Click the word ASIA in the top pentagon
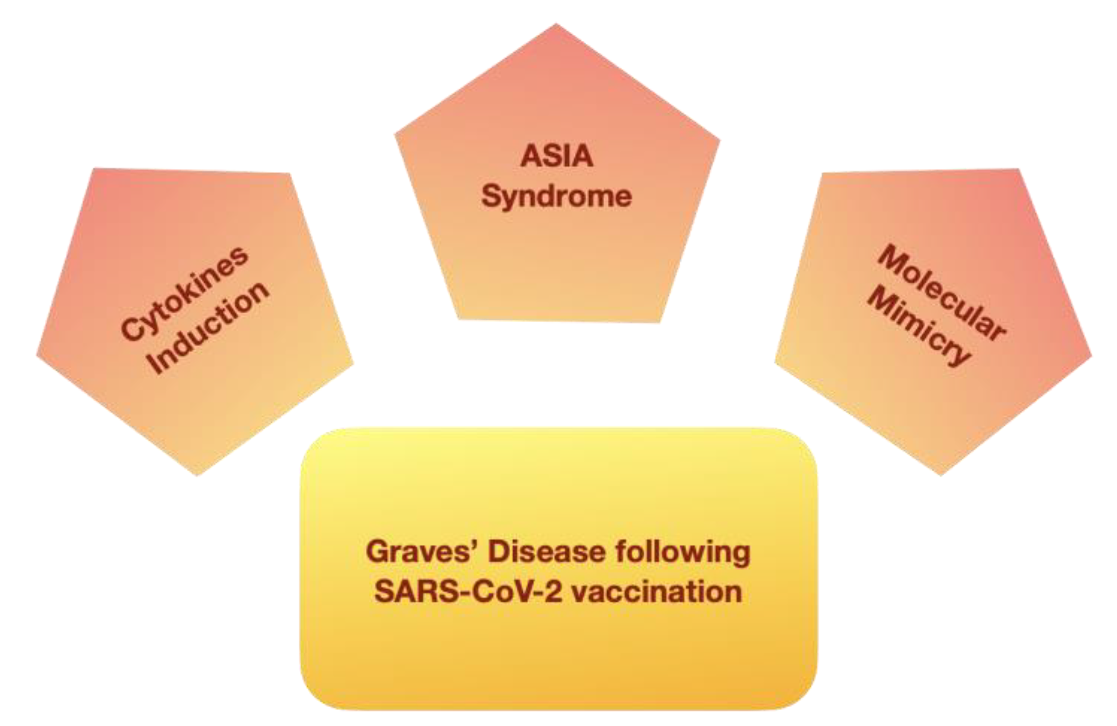[x=557, y=156]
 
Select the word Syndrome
[x=557, y=197]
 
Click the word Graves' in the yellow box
[x=422, y=553]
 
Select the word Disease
[x=547, y=553]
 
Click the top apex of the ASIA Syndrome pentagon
[x=556, y=25]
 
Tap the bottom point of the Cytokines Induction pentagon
[x=197, y=474]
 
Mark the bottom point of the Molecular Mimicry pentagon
[x=941, y=474]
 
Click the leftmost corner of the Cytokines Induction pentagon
[x=38, y=356]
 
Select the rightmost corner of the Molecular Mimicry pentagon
[x=1091, y=356]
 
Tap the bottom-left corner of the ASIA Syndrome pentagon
[x=459, y=318]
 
